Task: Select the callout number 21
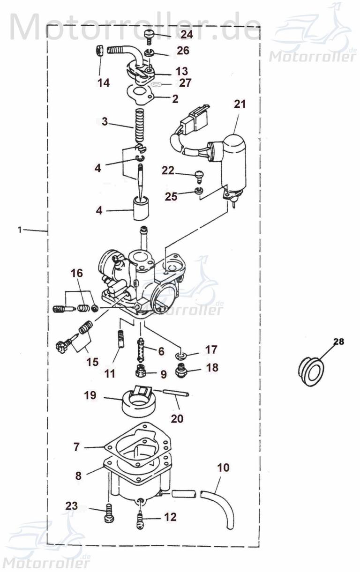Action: (x=240, y=104)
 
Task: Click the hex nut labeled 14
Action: (x=100, y=52)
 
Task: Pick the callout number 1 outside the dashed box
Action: (x=19, y=230)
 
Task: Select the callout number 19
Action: (x=90, y=395)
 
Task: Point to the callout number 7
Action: (x=77, y=447)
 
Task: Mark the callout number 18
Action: (x=211, y=368)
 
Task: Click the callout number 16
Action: (x=77, y=273)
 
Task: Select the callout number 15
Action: (x=92, y=362)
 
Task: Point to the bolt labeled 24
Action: (x=149, y=36)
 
